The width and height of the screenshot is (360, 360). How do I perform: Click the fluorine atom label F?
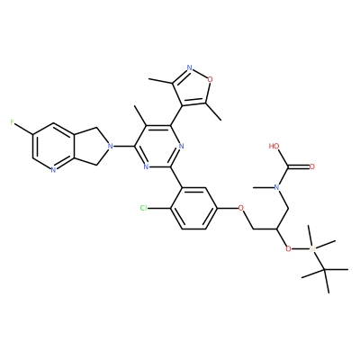[12, 122]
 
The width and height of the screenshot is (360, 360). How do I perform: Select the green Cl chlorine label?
[144, 208]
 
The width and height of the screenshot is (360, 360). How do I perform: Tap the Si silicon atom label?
[312, 248]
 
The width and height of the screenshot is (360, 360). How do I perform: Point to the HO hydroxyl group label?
[274, 146]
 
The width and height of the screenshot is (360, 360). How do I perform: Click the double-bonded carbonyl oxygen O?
[312, 166]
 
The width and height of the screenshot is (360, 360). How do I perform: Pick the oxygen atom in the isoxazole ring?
[211, 79]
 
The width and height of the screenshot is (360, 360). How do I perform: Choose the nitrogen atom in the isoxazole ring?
[189, 67]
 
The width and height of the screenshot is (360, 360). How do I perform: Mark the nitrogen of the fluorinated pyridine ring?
[53, 170]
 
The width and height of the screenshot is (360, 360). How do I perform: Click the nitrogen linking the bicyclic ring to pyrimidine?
[111, 147]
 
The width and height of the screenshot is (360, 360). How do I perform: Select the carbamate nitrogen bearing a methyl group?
[276, 187]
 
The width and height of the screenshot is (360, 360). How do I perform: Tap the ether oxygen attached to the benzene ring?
[240, 208]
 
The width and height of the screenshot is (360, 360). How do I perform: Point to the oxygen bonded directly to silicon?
[288, 248]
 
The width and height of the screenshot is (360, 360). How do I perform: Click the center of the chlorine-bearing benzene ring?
[194, 208]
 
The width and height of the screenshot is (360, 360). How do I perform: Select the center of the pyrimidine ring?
[158, 147]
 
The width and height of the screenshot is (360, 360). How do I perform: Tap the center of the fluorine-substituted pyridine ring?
[53, 147]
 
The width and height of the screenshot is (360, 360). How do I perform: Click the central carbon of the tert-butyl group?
[325, 270]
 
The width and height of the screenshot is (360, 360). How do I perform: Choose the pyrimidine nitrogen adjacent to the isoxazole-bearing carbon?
[181, 147]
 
